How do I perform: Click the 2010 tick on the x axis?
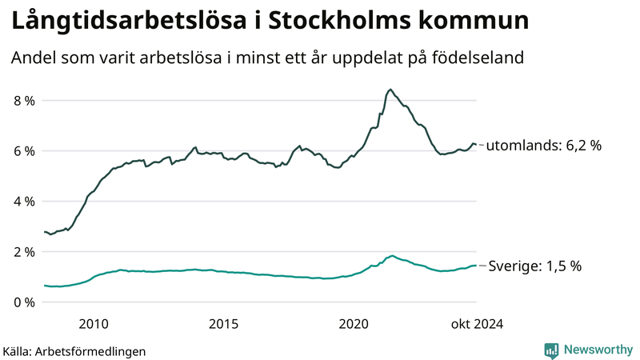[94, 323]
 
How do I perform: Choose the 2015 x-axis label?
[224, 323]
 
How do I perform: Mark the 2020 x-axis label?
[354, 323]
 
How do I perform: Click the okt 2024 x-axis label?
[477, 323]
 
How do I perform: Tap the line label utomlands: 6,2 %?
[544, 146]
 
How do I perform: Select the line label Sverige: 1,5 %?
[533, 266]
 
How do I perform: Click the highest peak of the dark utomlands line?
[390, 90]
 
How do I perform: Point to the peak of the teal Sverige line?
[391, 256]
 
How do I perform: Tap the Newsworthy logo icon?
[551, 350]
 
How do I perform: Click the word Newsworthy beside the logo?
[597, 350]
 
